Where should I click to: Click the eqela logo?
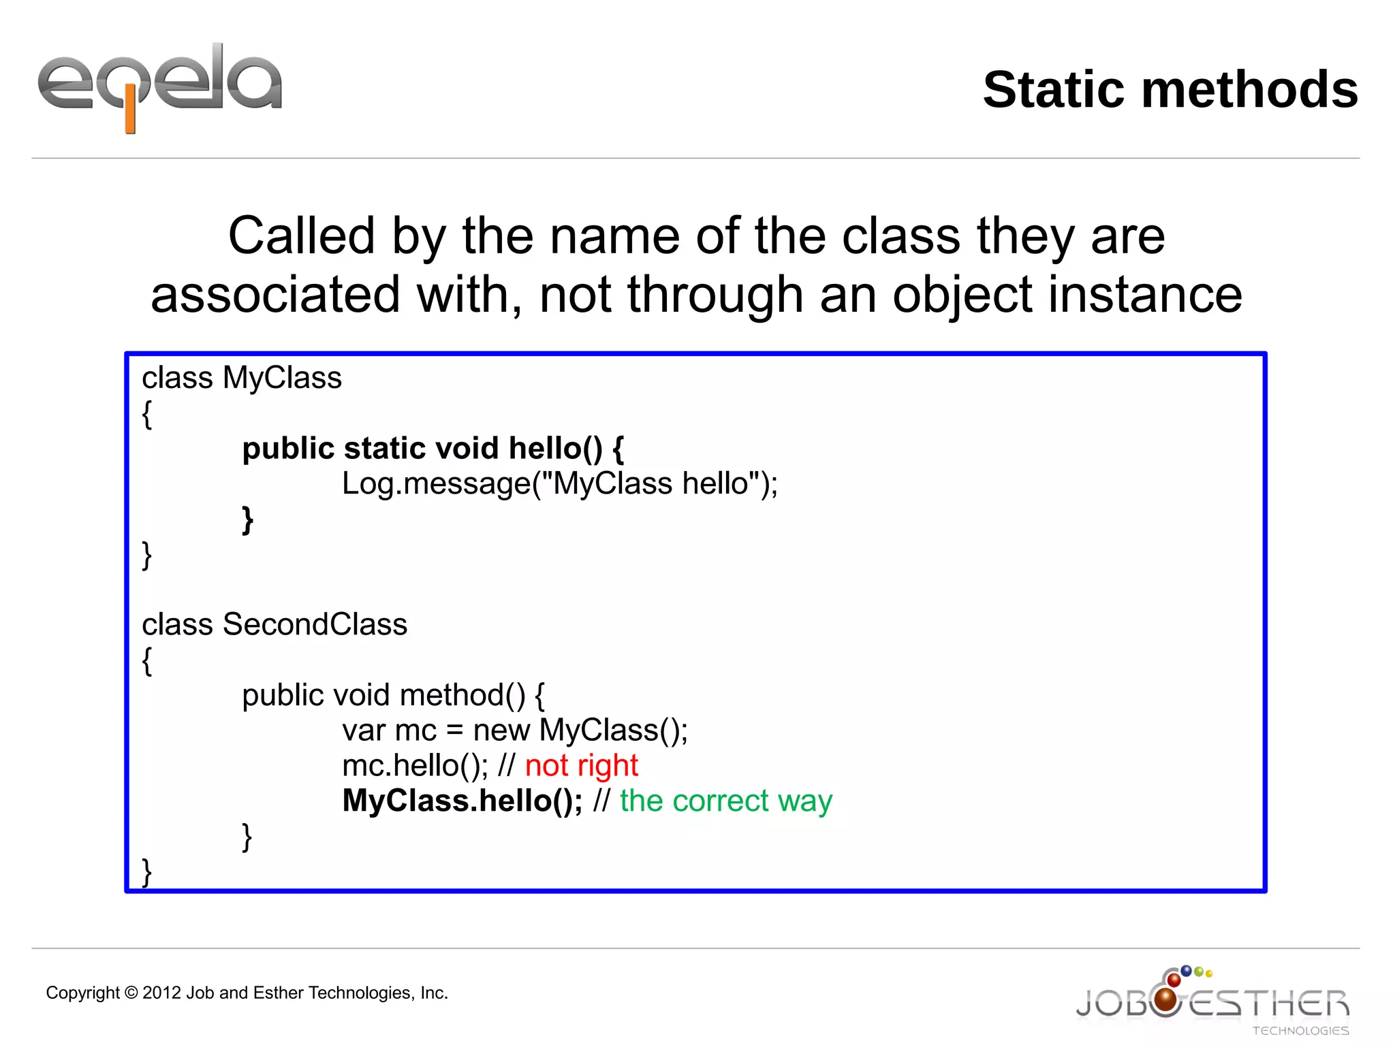coord(160,85)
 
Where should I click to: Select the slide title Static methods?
coord(1170,90)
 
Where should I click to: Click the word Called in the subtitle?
coord(301,236)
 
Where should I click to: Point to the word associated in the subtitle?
coord(275,295)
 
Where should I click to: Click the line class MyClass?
coord(242,378)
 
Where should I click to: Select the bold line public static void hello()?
coord(433,449)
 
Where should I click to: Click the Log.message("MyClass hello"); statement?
coord(559,484)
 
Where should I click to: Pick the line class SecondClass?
coord(275,624)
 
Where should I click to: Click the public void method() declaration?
coord(393,695)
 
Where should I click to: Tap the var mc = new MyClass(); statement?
coord(515,730)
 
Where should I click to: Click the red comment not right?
coord(581,766)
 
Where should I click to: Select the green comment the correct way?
coord(725,801)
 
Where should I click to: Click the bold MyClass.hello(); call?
coord(463,801)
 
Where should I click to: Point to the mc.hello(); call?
coord(415,766)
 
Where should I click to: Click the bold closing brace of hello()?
coord(248,520)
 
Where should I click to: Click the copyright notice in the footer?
coord(247,993)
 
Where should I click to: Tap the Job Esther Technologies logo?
coord(1212,1001)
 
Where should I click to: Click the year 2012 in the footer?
coord(161,993)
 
